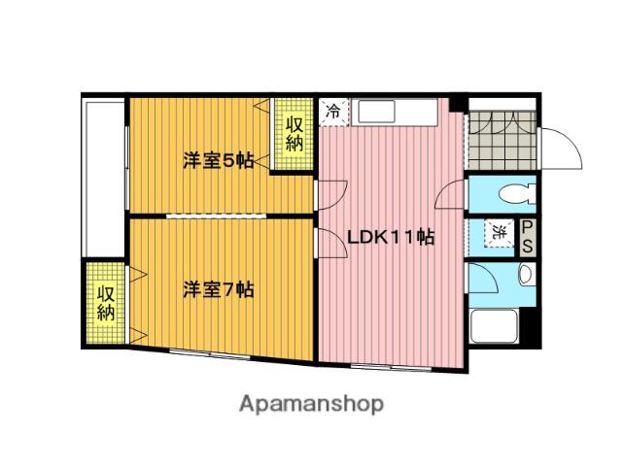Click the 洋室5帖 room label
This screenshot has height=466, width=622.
(218, 161)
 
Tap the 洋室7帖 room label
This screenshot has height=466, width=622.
(219, 289)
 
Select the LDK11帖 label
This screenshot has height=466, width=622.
(391, 237)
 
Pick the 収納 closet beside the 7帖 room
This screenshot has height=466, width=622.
(105, 303)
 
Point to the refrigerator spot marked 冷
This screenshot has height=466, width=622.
(333, 111)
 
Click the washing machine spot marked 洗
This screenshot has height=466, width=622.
(498, 233)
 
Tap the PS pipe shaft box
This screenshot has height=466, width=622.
(527, 237)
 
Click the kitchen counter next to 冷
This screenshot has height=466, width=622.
(398, 112)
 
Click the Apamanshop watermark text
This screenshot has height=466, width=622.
(311, 403)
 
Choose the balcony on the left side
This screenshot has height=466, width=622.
(103, 175)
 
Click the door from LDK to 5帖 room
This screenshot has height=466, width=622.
(328, 192)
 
